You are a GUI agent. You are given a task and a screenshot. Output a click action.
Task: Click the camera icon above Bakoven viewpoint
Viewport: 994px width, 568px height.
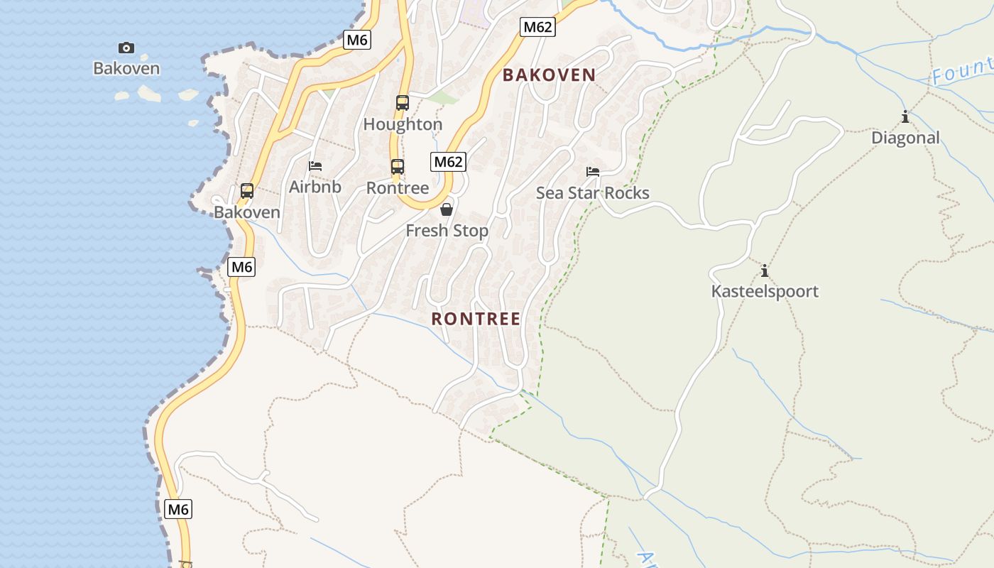tap(126, 48)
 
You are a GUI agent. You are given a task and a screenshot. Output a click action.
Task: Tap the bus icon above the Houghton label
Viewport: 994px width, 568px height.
tap(403, 103)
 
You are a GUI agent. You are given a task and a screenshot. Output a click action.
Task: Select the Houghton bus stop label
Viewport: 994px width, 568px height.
tap(403, 124)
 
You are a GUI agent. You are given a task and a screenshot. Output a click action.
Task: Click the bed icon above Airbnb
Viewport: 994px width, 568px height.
tap(315, 166)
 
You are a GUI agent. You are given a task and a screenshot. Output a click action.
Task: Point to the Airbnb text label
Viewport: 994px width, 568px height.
tap(315, 187)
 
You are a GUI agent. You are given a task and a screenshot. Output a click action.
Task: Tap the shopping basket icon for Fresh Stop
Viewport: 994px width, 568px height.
tap(447, 209)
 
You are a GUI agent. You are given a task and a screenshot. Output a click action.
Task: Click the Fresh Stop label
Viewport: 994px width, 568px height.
tap(447, 231)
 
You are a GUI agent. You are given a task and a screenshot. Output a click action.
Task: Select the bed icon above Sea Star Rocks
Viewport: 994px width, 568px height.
tap(593, 172)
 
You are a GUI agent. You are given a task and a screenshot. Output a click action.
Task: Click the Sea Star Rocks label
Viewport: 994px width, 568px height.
tap(593, 193)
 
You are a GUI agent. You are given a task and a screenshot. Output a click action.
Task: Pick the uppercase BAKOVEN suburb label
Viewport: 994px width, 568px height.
tap(549, 75)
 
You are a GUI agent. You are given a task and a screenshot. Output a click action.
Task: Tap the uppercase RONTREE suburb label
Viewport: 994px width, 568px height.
tap(476, 319)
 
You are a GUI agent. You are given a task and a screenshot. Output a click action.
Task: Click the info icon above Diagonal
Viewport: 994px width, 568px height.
tap(905, 117)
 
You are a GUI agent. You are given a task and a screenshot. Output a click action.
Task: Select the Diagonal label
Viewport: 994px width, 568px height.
tap(905, 138)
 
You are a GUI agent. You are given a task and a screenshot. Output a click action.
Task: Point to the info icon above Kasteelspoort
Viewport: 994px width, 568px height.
tap(765, 271)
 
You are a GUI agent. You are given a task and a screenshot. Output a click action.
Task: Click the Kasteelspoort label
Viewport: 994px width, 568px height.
tap(765, 291)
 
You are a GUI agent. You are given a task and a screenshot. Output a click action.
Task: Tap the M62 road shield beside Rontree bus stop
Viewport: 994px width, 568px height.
tap(448, 162)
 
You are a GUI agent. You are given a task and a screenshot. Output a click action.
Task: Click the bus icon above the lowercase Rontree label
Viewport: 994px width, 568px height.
tap(398, 168)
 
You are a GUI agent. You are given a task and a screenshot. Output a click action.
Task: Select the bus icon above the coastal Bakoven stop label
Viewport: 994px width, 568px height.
tap(247, 191)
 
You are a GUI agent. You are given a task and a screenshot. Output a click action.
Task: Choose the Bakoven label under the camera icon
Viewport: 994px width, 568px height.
tap(126, 69)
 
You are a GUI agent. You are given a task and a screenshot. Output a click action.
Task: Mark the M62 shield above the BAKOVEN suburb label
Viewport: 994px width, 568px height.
tap(537, 28)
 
